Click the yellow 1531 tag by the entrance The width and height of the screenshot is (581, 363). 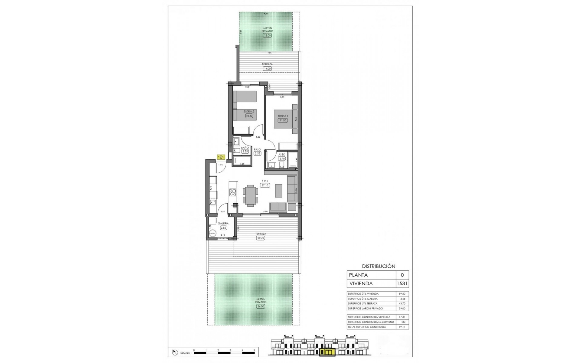pyautogui.click(x=221, y=157)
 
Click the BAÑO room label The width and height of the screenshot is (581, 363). pyautogui.click(x=245, y=148)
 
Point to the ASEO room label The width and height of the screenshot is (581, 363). pyautogui.click(x=282, y=155)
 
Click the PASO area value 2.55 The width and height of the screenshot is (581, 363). pyautogui.click(x=258, y=153)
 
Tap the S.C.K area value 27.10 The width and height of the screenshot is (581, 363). pyautogui.click(x=265, y=185)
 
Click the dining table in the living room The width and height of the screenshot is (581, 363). pyautogui.click(x=251, y=195)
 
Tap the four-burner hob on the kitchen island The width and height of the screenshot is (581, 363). pyautogui.click(x=232, y=193)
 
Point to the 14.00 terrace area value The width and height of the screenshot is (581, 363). pyautogui.click(x=267, y=69)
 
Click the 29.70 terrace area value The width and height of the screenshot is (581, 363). pyautogui.click(x=261, y=238)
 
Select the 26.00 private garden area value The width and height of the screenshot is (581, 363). pyautogui.click(x=261, y=306)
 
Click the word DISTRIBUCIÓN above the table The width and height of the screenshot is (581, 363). pyautogui.click(x=379, y=266)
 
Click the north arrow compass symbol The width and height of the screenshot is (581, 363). pyautogui.click(x=175, y=352)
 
